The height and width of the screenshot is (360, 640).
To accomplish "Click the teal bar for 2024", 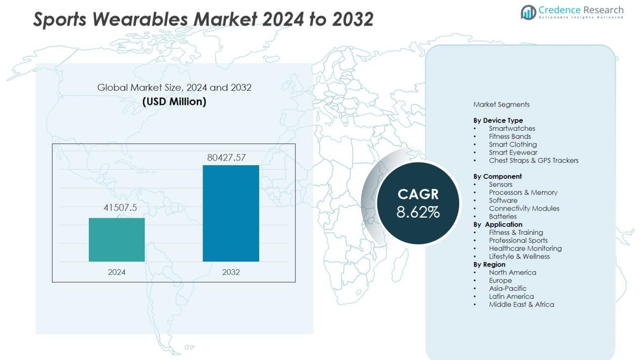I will click(x=117, y=239).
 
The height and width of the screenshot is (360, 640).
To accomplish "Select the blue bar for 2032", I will click(x=231, y=213).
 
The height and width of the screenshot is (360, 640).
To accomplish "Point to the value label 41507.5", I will click(x=120, y=208).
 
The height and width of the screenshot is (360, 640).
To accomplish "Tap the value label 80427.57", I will click(x=226, y=158).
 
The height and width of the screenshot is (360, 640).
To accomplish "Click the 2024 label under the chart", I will click(x=117, y=272).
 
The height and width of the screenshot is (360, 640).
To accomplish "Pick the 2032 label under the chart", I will click(x=231, y=272).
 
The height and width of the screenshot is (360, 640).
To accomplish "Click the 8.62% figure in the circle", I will click(x=418, y=212).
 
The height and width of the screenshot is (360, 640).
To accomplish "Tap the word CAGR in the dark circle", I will click(x=418, y=194).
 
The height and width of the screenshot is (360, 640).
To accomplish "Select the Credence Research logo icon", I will click(x=528, y=12).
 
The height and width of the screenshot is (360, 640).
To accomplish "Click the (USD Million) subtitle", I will click(x=174, y=101).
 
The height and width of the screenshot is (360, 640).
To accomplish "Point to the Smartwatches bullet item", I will click(x=512, y=128).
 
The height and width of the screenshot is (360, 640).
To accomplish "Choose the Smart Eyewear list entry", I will click(x=513, y=152).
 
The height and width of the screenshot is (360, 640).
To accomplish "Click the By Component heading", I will click(x=498, y=176).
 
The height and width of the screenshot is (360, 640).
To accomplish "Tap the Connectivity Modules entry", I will click(x=524, y=209).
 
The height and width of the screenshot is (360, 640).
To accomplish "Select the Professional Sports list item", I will click(x=518, y=240).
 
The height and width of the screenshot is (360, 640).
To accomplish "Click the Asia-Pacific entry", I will click(x=507, y=288).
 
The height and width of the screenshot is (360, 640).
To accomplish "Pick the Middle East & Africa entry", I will click(x=521, y=304).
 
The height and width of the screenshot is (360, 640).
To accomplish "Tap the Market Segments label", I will click(x=501, y=105).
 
